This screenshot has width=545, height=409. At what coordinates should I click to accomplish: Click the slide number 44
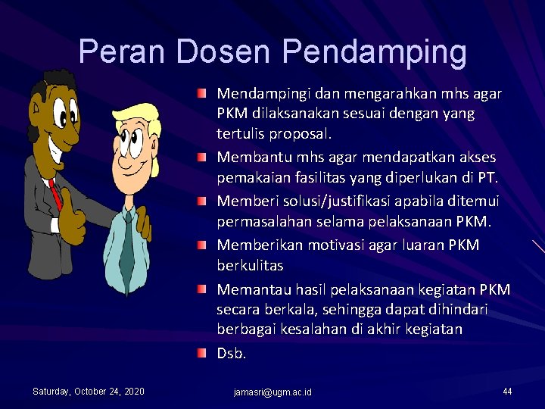coord(507,391)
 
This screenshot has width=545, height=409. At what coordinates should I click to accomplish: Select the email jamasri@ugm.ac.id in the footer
coord(272,392)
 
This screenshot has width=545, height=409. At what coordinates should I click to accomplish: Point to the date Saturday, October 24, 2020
coord(89,391)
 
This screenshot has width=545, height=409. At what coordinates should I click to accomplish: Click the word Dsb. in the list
coord(232,353)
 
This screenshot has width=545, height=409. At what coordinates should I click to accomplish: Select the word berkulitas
coord(250,266)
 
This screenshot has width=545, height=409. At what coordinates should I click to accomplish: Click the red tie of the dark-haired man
coord(54,195)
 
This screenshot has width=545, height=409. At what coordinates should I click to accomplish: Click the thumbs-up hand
coord(71,216)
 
